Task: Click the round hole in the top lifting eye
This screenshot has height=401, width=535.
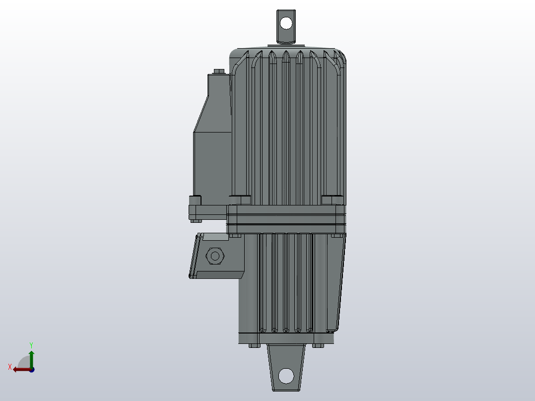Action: click(286, 23)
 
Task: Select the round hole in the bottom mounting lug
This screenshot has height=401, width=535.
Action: click(286, 376)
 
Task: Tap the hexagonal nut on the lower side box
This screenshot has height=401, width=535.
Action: click(215, 256)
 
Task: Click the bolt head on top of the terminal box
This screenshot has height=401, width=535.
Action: click(218, 71)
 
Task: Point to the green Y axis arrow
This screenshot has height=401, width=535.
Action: click(31, 356)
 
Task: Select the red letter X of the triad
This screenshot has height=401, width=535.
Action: click(10, 367)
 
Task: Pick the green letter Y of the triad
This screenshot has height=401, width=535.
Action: click(31, 344)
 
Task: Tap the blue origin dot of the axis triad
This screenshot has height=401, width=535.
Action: click(31, 370)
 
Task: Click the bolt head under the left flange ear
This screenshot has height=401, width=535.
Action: click(195, 221)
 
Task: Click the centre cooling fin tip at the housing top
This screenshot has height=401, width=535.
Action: click(286, 56)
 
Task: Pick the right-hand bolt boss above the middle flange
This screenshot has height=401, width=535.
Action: click(332, 200)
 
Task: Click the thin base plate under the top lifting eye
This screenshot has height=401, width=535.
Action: click(286, 45)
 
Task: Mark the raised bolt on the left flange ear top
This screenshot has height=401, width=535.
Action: click(195, 200)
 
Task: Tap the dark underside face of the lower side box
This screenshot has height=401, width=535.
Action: click(218, 274)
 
